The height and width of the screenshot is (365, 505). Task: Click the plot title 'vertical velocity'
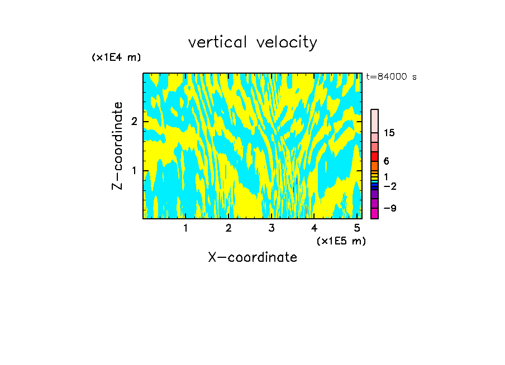click(x=252, y=42)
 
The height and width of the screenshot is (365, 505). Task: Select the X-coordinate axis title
click(x=252, y=257)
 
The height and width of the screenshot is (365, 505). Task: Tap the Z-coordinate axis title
click(x=117, y=146)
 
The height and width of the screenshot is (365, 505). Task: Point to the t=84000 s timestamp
click(x=391, y=77)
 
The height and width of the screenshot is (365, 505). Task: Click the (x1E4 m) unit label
click(x=116, y=57)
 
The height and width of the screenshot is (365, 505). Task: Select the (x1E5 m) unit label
click(x=341, y=241)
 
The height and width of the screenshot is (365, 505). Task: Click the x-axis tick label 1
click(x=185, y=228)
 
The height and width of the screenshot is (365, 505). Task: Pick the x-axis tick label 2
click(x=228, y=228)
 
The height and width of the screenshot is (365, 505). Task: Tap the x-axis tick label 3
click(x=271, y=228)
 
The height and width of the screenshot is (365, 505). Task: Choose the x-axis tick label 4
click(x=315, y=228)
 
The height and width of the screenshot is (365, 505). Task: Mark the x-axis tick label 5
click(x=358, y=228)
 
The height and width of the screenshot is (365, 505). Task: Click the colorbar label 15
click(x=389, y=133)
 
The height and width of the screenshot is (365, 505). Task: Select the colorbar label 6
click(x=386, y=161)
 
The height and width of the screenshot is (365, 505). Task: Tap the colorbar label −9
click(x=389, y=208)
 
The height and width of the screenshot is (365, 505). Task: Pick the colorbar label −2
click(x=389, y=186)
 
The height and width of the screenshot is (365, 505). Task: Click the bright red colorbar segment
click(x=374, y=157)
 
